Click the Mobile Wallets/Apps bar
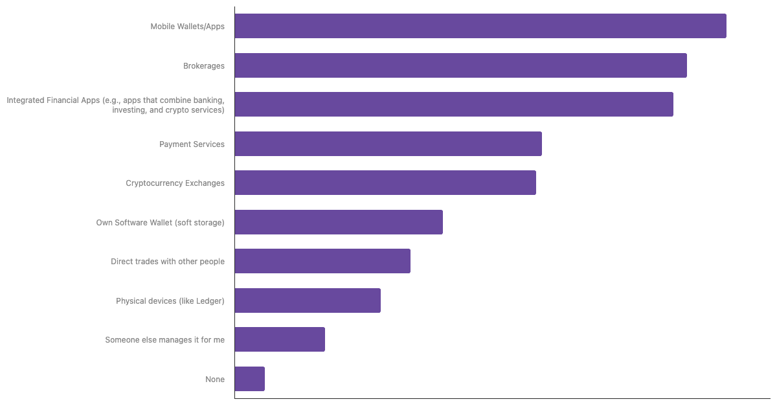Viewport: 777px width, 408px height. (x=480, y=26)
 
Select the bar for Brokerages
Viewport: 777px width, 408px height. (x=460, y=65)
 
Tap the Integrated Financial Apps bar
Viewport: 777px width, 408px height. (x=454, y=104)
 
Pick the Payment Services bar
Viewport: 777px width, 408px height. (x=388, y=144)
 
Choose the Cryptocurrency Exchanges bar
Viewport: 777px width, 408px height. (x=385, y=183)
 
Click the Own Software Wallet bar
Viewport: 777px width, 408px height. (x=339, y=222)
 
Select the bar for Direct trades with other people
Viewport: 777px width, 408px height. (x=322, y=261)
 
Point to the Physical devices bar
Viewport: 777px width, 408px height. (x=308, y=300)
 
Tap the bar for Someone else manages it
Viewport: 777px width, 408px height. (x=280, y=339)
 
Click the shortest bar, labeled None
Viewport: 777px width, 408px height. (x=250, y=379)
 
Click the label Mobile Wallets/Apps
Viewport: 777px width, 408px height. (x=187, y=27)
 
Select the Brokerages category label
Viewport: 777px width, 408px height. (x=203, y=65)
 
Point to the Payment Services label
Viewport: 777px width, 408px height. (x=192, y=144)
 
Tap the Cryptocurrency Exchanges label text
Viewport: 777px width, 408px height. (x=175, y=183)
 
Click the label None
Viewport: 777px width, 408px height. (x=215, y=380)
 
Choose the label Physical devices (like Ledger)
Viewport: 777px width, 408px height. (x=170, y=300)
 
